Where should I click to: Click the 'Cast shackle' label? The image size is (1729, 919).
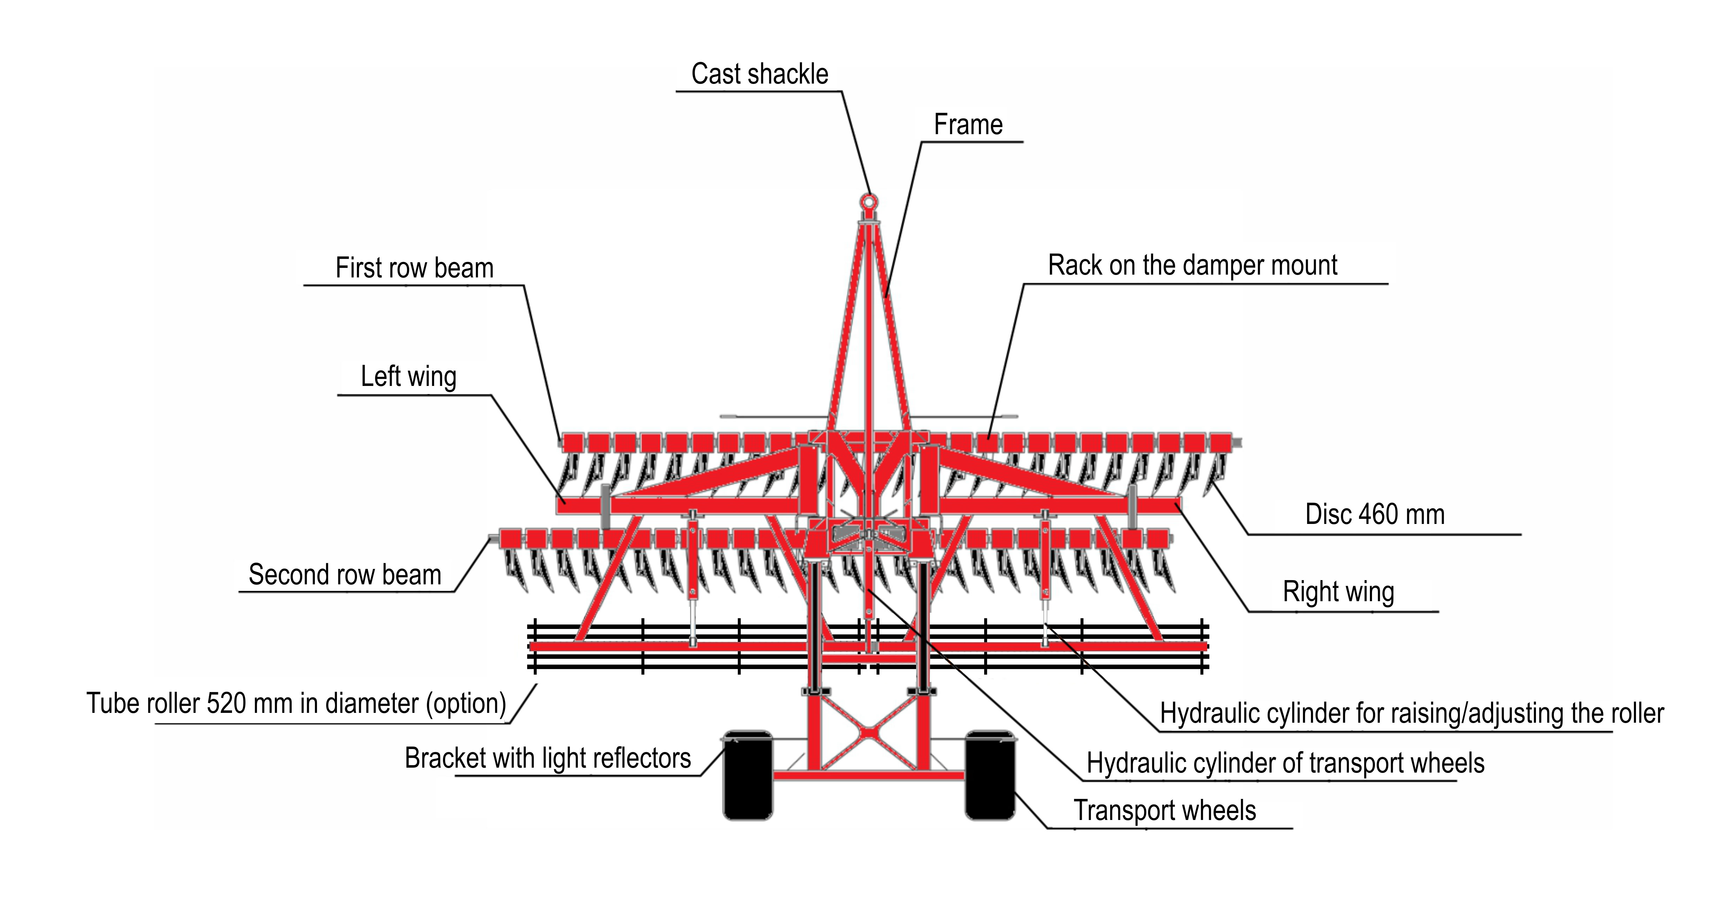tap(760, 74)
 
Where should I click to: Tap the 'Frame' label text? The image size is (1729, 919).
tap(968, 125)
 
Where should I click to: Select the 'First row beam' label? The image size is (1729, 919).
tap(414, 268)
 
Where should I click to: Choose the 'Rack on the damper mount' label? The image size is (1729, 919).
tap(1192, 265)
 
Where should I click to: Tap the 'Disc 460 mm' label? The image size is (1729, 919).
tap(1374, 514)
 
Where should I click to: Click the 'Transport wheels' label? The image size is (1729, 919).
tap(1165, 810)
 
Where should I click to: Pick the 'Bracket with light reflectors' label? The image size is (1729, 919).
tap(548, 758)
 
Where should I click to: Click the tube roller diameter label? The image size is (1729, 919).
tap(296, 703)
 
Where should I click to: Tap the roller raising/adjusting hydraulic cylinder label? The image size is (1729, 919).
tap(1411, 713)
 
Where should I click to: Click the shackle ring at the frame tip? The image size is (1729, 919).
tap(869, 201)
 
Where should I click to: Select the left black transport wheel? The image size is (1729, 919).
tap(748, 775)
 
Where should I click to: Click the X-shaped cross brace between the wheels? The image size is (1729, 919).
tap(868, 733)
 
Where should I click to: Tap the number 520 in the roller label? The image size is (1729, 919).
tap(226, 703)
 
